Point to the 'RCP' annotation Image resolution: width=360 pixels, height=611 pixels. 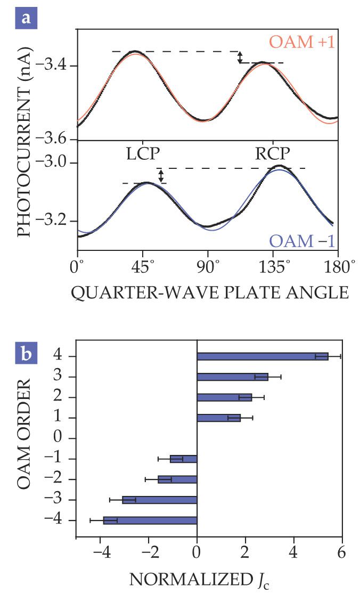[x=272, y=153]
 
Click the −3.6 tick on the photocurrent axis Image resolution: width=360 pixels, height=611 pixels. [x=54, y=140]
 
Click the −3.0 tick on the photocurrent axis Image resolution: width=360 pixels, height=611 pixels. [x=54, y=163]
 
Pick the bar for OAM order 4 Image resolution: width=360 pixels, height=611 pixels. [x=262, y=356]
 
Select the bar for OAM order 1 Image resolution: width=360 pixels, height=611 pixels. [x=218, y=418]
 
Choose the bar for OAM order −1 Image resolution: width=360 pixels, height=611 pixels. [x=184, y=459]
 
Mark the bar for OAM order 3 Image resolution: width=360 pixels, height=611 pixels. [x=232, y=377]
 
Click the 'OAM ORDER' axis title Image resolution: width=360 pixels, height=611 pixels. [x=22, y=438]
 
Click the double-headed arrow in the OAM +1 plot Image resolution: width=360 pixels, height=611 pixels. [x=240, y=57]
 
